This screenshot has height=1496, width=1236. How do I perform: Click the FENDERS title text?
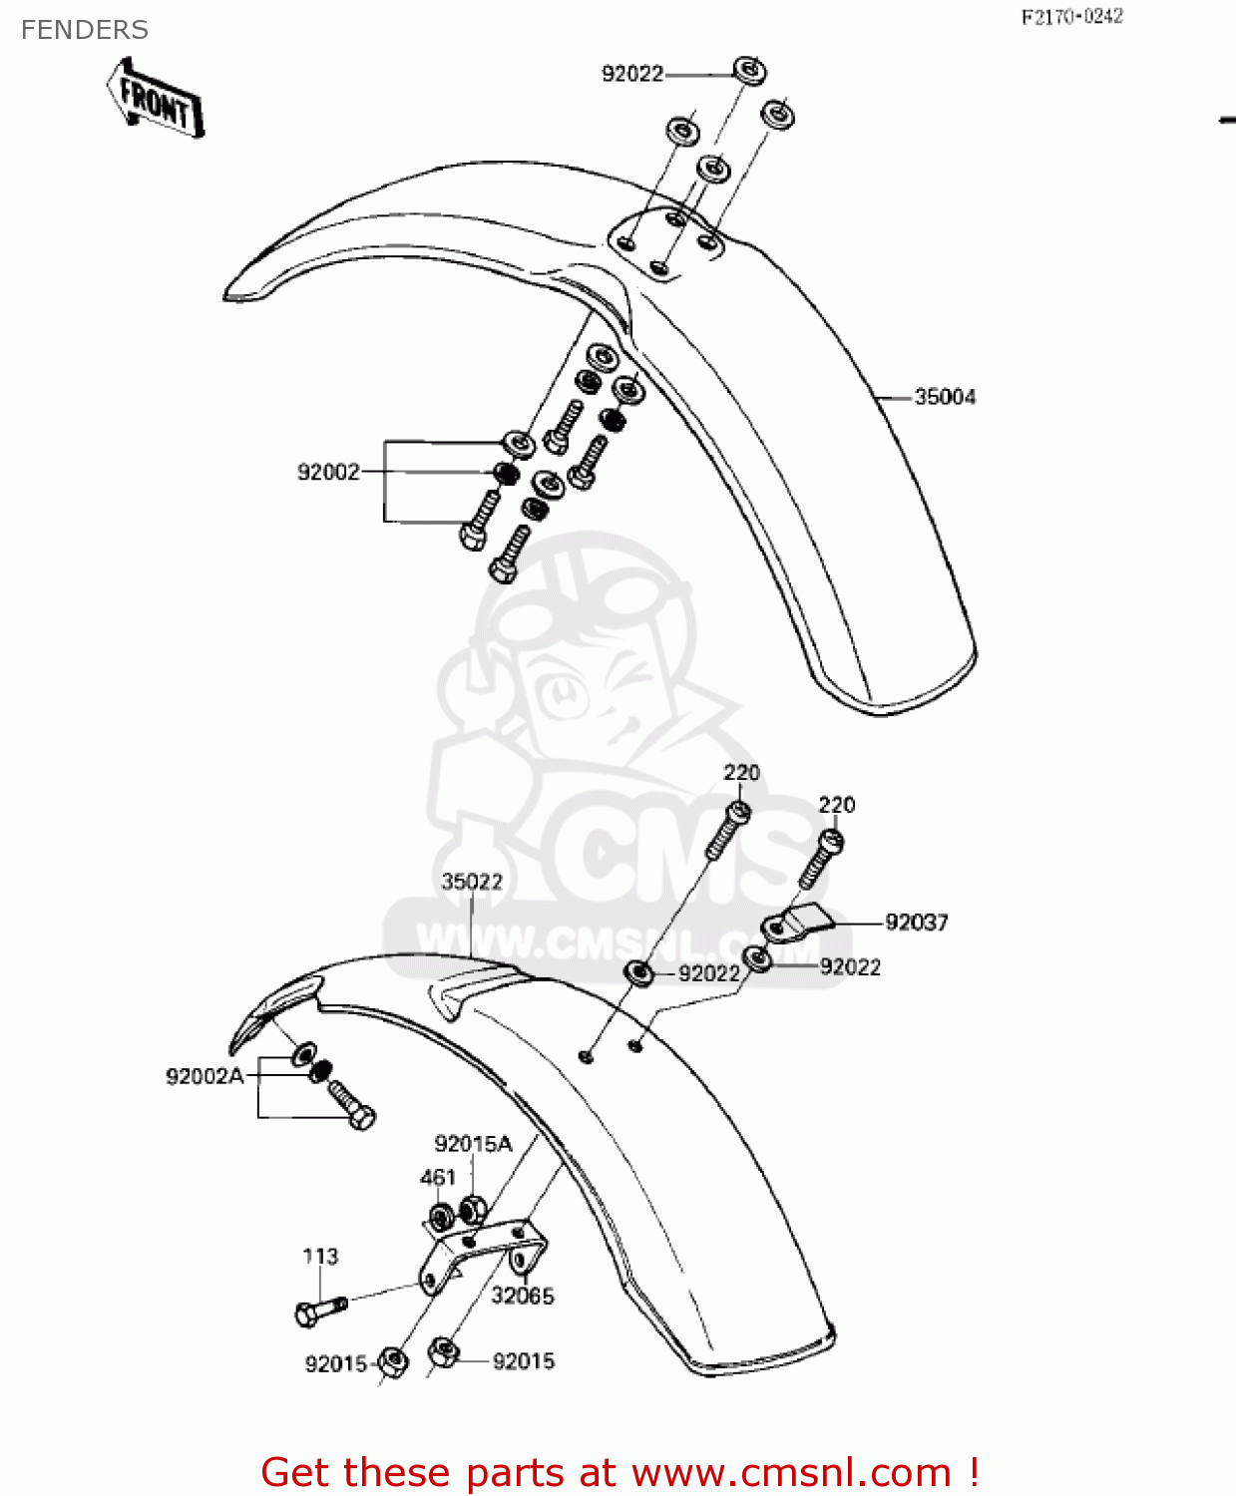[85, 30]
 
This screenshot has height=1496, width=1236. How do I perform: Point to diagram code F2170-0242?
[1071, 17]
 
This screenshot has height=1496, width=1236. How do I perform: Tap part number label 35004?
[945, 397]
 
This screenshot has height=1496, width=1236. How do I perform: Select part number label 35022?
[472, 882]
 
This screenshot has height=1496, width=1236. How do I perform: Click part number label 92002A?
[205, 1076]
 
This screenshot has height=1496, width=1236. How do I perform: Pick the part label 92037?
[917, 923]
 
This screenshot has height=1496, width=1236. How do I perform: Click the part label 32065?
[522, 1296]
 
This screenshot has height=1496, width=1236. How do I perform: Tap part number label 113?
[320, 1257]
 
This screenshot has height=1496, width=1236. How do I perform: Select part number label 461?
[438, 1178]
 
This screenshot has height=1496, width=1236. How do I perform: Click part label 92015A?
[473, 1144]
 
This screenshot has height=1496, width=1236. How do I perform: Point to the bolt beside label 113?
[319, 1310]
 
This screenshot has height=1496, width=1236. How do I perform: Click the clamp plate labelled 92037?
[798, 923]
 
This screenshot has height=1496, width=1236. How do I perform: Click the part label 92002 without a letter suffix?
[328, 472]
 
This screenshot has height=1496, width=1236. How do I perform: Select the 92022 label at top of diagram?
[632, 74]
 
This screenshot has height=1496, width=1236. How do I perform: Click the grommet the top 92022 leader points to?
[749, 70]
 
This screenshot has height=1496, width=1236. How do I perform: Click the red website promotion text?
[618, 1472]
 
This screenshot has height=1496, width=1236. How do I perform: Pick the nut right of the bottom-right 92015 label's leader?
[443, 1353]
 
